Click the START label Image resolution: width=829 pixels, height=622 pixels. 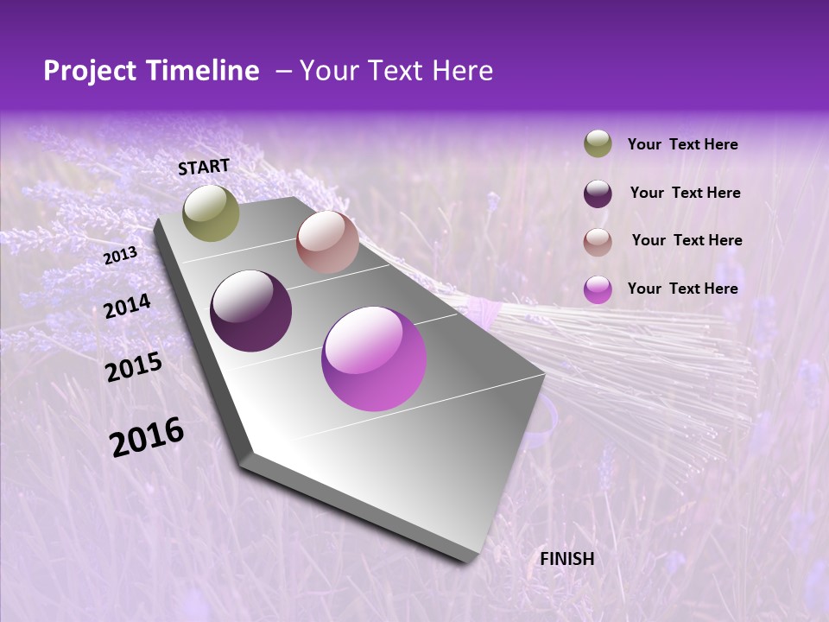pos(204,167)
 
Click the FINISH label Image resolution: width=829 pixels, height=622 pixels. pos(566,559)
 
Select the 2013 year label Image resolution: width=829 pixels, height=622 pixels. pos(120,256)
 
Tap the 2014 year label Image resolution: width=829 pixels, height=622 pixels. pos(127,306)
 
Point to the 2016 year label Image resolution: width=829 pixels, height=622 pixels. pos(146,437)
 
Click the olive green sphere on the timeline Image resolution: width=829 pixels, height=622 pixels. pos(211,213)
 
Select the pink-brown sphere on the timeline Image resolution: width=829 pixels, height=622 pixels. pos(326,242)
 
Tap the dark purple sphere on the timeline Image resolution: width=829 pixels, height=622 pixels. pos(250,311)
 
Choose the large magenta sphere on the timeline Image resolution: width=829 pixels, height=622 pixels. pos(374,359)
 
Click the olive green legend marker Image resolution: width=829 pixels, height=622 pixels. pos(598,144)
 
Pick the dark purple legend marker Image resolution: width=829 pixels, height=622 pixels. pos(598,194)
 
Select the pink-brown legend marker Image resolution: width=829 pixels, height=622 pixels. pos(598,242)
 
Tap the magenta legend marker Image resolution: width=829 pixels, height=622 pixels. pos(598,289)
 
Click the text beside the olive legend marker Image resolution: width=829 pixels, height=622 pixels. pos(682,145)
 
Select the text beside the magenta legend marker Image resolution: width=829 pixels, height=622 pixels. pos(682,289)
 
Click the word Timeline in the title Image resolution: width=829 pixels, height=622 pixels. pos(201,71)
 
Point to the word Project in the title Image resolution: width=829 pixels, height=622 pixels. pos(89,71)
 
